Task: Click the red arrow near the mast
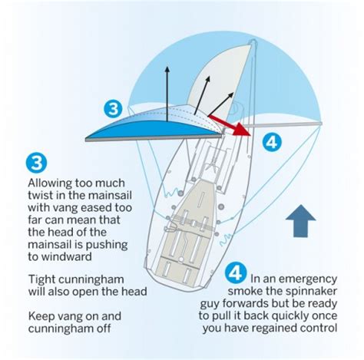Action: (230, 125)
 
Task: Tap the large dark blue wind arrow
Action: (300, 221)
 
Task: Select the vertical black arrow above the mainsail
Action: (167, 94)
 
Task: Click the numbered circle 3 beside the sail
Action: (113, 109)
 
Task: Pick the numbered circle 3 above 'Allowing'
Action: (36, 163)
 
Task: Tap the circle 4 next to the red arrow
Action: (272, 142)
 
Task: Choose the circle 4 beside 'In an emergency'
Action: (236, 272)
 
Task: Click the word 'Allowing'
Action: (50, 183)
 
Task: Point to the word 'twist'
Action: (41, 195)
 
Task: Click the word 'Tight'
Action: (43, 279)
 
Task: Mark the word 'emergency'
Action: (308, 279)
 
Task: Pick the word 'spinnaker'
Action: (311, 292)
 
